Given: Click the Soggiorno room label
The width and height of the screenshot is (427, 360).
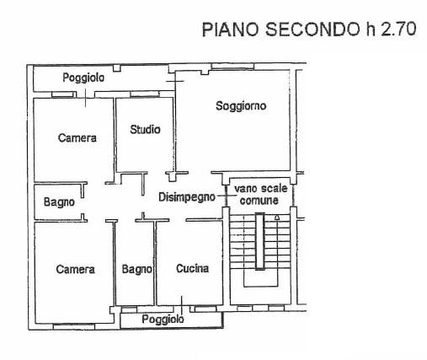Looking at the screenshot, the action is pyautogui.click(x=241, y=106).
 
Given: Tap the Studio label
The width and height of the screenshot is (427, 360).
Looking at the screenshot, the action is pyautogui.click(x=145, y=130).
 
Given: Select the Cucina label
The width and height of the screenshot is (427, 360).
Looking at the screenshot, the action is pyautogui.click(x=192, y=269).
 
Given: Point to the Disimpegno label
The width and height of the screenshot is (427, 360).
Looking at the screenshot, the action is pyautogui.click(x=187, y=197).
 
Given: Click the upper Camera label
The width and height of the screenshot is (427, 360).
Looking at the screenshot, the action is pyautogui.click(x=77, y=137).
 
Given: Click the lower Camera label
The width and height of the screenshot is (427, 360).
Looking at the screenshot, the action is pyautogui.click(x=75, y=269).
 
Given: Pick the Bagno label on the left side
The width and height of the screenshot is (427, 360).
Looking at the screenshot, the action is pyautogui.click(x=59, y=202).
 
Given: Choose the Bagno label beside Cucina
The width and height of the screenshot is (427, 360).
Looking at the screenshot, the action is pyautogui.click(x=137, y=269).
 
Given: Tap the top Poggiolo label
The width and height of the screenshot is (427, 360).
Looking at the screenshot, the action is pyautogui.click(x=83, y=78).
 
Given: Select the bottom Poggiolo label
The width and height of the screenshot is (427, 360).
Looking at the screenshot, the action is pyautogui.click(x=163, y=320).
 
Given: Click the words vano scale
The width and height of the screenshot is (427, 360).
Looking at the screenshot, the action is pyautogui.click(x=261, y=189).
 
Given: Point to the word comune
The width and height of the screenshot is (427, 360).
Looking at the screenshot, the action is pyautogui.click(x=259, y=201).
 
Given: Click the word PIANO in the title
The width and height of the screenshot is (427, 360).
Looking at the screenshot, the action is pyautogui.click(x=230, y=30).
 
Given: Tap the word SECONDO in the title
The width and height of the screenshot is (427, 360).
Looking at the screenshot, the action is pyautogui.click(x=312, y=30).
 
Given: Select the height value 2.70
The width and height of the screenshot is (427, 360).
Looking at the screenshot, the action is pyautogui.click(x=398, y=29).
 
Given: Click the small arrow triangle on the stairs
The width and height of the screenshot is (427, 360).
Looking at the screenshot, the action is pyautogui.click(x=277, y=218).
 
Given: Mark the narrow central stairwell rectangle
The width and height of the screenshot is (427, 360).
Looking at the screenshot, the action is pyautogui.click(x=260, y=241).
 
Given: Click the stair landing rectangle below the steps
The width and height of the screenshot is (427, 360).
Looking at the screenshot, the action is pyautogui.click(x=261, y=287).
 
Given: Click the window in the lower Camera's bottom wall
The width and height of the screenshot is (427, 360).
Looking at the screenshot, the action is pyautogui.click(x=74, y=327).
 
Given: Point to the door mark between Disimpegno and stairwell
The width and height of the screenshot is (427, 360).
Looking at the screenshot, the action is pyautogui.click(x=227, y=196).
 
